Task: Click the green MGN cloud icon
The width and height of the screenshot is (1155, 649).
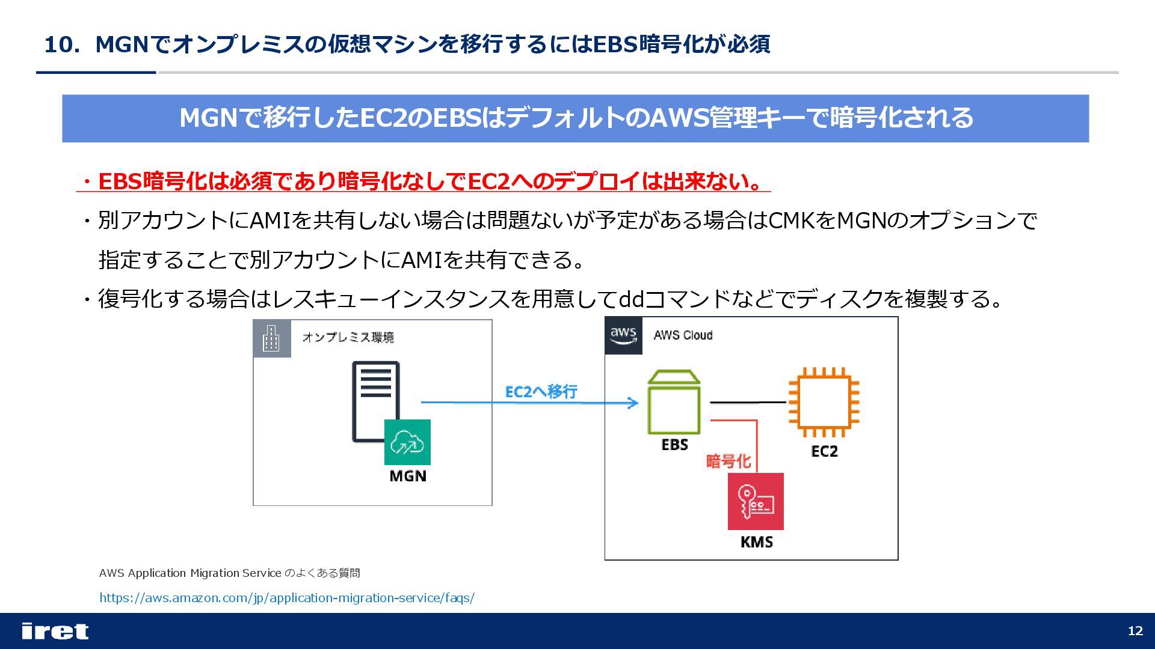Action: click(x=407, y=442)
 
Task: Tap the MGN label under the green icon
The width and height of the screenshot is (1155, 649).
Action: click(x=408, y=476)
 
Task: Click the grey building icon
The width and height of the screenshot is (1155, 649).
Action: click(x=271, y=338)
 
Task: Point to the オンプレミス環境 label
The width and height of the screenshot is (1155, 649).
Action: click(x=348, y=337)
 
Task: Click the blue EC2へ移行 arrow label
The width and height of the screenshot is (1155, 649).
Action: click(x=541, y=392)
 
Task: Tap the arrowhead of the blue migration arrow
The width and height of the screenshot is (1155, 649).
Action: click(x=633, y=403)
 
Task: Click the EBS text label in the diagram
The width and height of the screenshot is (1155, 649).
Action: click(x=674, y=445)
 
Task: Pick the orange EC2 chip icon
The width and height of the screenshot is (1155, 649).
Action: click(x=824, y=402)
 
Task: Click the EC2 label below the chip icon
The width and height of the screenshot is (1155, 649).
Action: click(x=824, y=451)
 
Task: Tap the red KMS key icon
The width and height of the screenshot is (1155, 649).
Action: click(x=756, y=501)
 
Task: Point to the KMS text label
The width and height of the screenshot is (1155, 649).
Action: click(x=756, y=542)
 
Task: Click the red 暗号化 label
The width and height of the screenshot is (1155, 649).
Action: click(x=728, y=462)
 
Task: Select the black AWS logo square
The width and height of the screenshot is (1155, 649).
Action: click(x=623, y=335)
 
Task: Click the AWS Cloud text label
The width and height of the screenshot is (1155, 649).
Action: click(x=683, y=335)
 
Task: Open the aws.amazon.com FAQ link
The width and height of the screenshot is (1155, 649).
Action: click(x=286, y=598)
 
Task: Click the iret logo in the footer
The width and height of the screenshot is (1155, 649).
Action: click(x=55, y=631)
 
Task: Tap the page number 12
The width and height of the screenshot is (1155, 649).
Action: click(x=1135, y=631)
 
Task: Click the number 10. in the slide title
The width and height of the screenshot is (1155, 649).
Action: click(x=61, y=44)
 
